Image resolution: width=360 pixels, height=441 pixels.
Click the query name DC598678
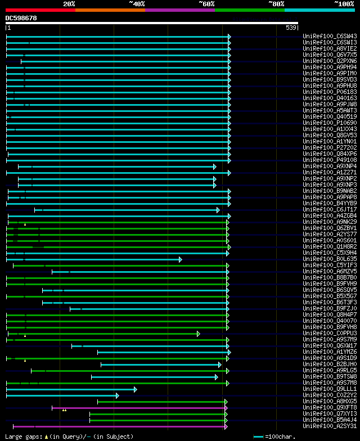point(21,18)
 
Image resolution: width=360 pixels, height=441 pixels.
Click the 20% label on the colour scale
point(69,3)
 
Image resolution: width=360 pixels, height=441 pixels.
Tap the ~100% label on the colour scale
point(344,3)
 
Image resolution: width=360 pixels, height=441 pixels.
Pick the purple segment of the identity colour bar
point(180,10)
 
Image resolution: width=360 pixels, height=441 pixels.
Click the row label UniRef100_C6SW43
point(330,36)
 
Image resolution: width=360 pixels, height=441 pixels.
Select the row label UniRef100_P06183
point(330,92)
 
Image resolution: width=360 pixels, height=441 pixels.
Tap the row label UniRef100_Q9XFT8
point(330,407)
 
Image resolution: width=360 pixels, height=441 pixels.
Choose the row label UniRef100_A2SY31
point(330,426)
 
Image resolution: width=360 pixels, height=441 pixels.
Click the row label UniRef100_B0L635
point(330,259)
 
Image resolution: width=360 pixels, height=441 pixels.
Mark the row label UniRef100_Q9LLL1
point(330,389)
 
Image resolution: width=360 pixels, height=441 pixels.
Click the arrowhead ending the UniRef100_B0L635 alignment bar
point(181,259)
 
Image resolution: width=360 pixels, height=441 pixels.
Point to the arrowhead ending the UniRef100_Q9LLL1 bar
point(135,389)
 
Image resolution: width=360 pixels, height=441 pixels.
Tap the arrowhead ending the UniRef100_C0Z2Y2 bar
point(117,395)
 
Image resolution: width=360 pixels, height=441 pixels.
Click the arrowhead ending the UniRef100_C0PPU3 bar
point(198,333)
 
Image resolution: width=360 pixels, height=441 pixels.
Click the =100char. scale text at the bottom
point(282,436)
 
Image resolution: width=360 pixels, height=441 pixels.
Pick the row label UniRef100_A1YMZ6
point(330,352)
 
